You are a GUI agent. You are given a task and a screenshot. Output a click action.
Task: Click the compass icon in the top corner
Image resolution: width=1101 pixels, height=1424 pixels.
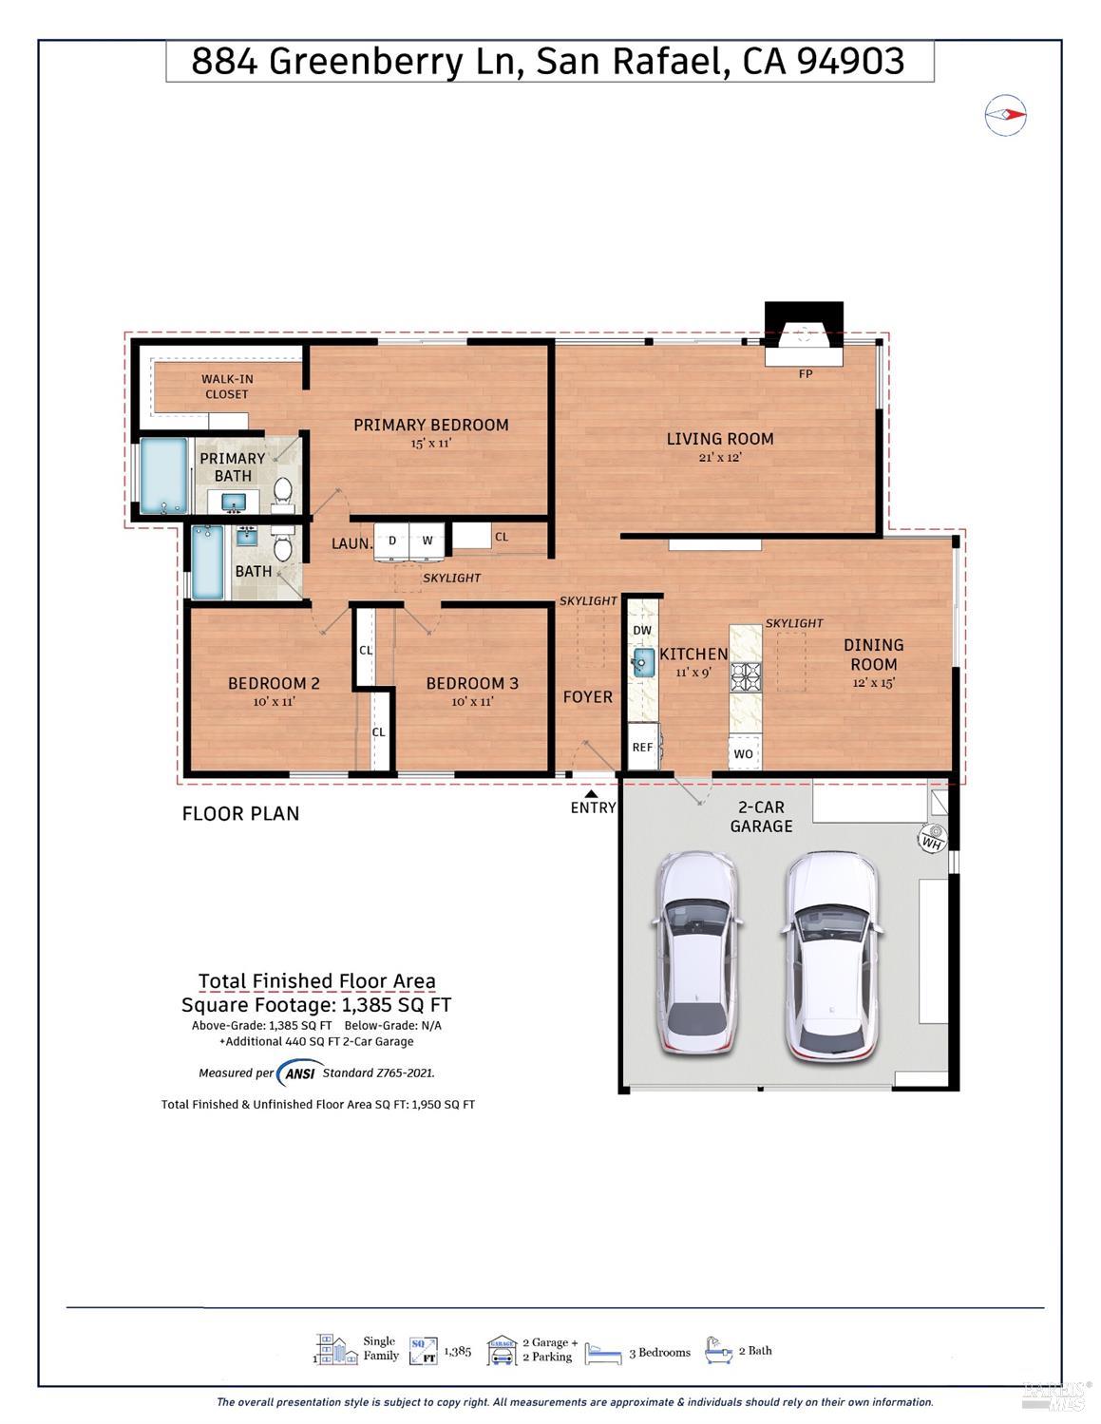point(1006,115)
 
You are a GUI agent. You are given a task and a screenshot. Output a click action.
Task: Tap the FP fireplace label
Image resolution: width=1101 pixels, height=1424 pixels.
point(805,373)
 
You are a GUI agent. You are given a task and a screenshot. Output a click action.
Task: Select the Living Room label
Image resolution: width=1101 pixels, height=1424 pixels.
point(719,439)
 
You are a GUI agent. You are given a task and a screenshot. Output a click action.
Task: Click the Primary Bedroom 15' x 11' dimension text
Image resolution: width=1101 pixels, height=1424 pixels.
point(430,443)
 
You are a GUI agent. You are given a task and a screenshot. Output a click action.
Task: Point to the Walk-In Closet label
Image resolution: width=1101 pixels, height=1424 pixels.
point(227,386)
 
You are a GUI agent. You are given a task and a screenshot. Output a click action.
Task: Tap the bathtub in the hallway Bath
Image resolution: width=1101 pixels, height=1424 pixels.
point(207,562)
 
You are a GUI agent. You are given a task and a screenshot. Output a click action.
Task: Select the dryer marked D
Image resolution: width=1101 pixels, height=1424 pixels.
point(391,541)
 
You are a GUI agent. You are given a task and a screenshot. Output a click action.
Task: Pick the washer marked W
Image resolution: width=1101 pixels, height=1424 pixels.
point(427,541)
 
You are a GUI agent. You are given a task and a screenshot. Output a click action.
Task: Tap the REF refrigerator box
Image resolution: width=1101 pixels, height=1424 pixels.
point(643,747)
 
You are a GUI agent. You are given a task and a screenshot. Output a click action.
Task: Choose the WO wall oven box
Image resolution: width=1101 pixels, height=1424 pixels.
point(744,753)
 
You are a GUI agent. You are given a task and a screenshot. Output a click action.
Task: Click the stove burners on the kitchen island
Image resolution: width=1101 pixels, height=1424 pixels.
point(745,676)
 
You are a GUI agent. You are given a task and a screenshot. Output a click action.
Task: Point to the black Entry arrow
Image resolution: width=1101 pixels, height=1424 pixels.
point(591,794)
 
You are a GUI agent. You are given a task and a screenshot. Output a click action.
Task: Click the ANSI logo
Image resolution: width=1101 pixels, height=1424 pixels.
point(299,1073)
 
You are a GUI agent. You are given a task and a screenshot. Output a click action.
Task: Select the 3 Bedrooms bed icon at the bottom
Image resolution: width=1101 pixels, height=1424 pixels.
point(603,1353)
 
